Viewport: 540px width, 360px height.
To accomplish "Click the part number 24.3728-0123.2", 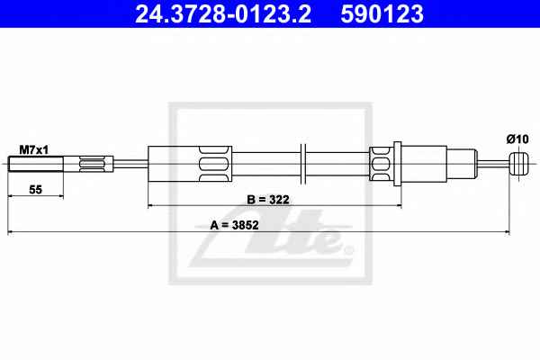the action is click(223, 14).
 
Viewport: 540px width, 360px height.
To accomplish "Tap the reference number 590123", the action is click(382, 14).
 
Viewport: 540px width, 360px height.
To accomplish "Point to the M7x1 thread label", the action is click(34, 150).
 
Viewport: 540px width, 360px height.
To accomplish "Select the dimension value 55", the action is click(35, 190).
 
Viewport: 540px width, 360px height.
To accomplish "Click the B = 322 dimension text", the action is click(268, 200).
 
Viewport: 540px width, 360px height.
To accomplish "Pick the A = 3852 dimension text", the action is click(234, 225).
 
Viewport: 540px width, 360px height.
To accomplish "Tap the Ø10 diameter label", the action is click(517, 139).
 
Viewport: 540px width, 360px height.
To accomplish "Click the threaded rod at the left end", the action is click(35, 164).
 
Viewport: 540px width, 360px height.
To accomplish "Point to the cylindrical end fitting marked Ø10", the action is click(518, 164).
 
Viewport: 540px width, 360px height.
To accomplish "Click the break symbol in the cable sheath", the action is click(303, 164).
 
